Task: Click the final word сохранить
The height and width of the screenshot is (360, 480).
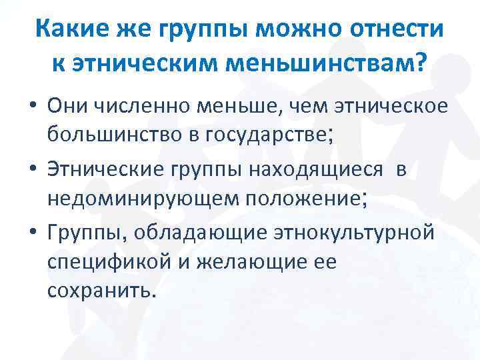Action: (x=100, y=291)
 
